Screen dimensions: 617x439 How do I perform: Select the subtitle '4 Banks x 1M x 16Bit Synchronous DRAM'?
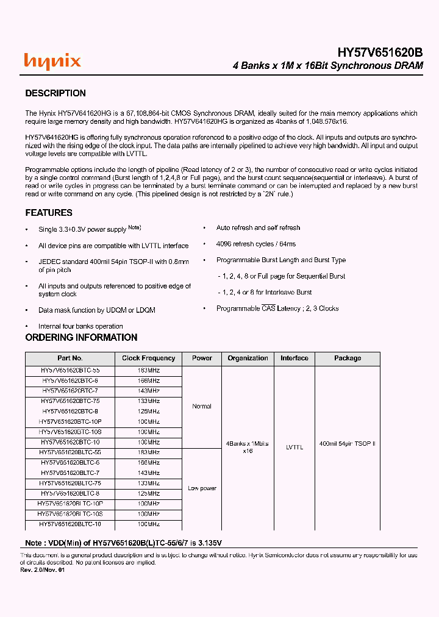click(328, 66)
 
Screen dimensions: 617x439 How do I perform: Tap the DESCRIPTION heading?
click(55, 93)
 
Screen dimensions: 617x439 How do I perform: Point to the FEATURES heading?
click(49, 213)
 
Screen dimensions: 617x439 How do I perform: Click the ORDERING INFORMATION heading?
click(81, 337)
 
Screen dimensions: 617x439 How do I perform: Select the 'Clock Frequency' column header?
click(148, 358)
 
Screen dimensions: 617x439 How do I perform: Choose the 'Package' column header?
click(347, 358)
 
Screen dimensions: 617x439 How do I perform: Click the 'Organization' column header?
click(248, 358)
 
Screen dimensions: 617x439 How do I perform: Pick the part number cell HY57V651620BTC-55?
click(70, 371)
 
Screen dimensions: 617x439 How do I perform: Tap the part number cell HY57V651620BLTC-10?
click(70, 524)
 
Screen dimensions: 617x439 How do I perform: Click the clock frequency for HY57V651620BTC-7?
click(148, 391)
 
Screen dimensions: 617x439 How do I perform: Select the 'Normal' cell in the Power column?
click(202, 407)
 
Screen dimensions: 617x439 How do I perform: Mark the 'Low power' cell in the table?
click(202, 488)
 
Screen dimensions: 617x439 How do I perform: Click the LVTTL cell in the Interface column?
click(294, 448)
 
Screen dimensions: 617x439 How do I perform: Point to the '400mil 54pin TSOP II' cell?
click(347, 444)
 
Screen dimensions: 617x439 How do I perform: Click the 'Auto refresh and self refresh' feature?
click(258, 228)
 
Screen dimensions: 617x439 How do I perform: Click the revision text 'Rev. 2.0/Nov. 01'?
click(42, 570)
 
